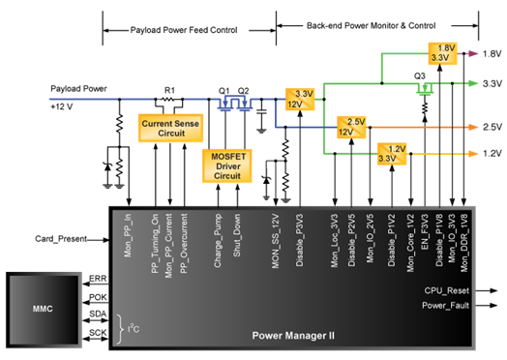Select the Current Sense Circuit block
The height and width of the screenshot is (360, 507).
pyautogui.click(x=170, y=127)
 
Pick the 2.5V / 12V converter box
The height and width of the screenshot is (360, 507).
pyautogui.click(x=351, y=126)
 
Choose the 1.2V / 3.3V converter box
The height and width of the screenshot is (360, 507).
pyautogui.click(x=392, y=154)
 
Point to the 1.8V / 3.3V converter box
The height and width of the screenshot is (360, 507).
pyautogui.click(x=443, y=53)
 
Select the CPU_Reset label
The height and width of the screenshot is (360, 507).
pyautogui.click(x=446, y=290)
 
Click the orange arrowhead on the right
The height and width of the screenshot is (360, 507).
pyautogui.click(x=473, y=127)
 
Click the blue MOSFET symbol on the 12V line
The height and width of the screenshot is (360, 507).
pyautogui.click(x=233, y=102)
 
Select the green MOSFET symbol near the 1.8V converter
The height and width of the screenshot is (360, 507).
pyautogui.click(x=423, y=88)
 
